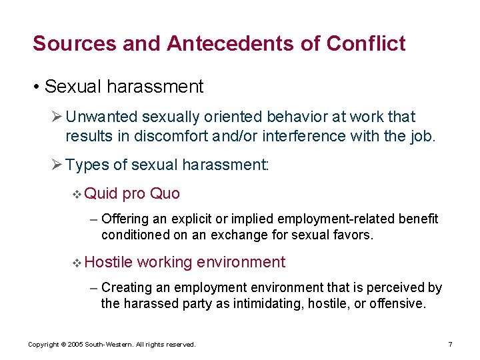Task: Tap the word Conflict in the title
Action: (366, 43)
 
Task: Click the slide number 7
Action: (450, 344)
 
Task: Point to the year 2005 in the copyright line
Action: (72, 345)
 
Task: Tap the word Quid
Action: (101, 193)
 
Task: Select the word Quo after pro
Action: (165, 193)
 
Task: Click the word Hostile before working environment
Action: (109, 262)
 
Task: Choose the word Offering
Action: (126, 219)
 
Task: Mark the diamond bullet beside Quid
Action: (77, 194)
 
